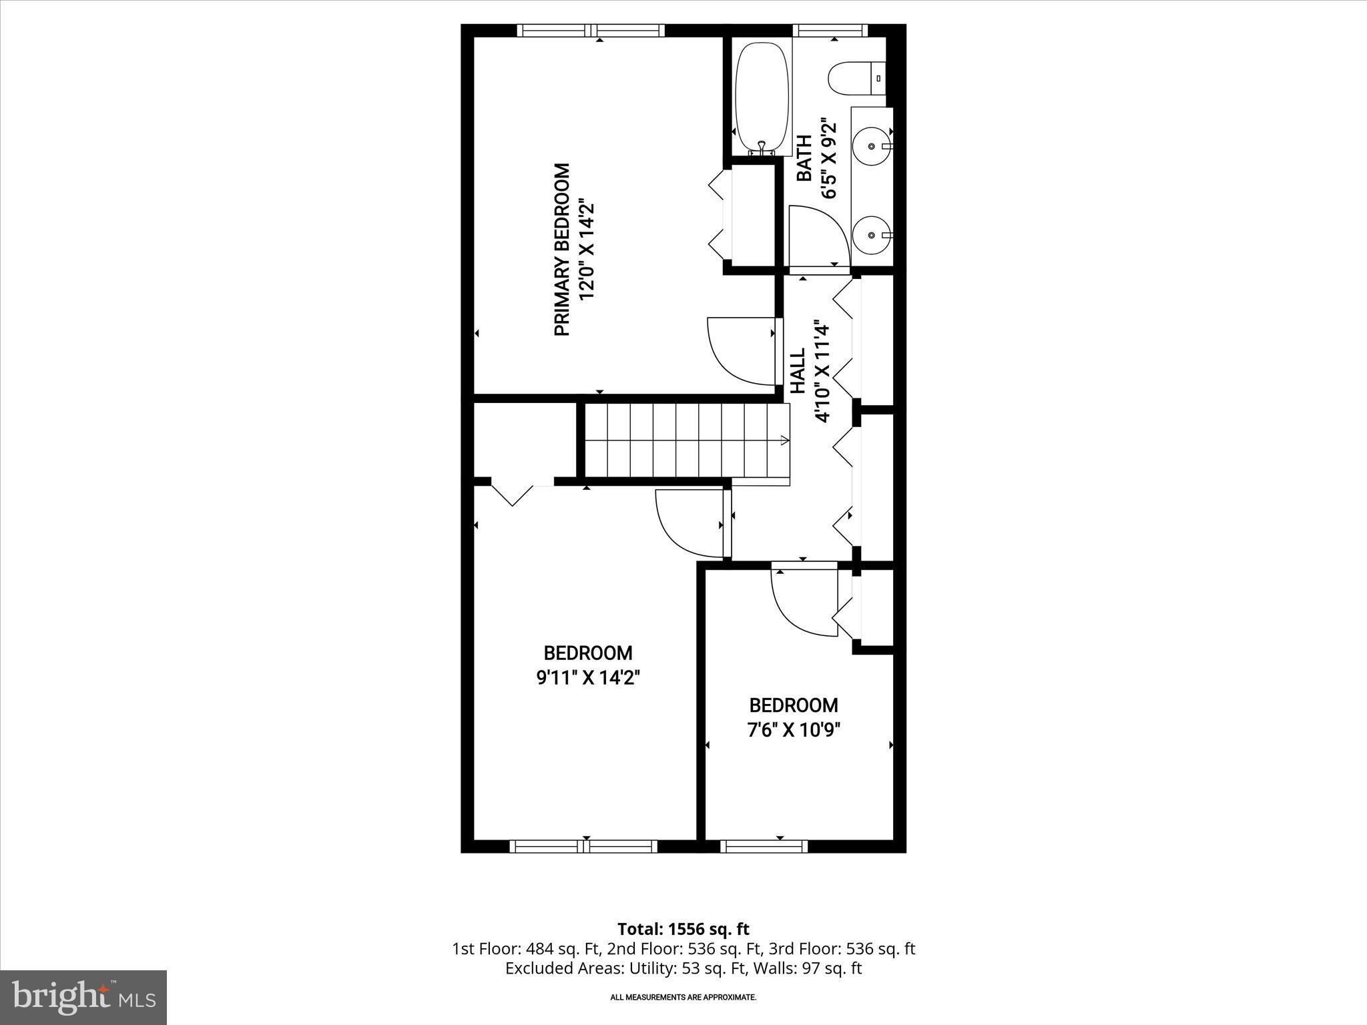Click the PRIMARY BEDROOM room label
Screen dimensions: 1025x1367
tap(563, 250)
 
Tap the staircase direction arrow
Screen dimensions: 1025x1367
tap(784, 440)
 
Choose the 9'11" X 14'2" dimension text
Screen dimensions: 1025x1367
tap(588, 678)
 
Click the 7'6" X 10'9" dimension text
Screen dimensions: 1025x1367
tap(793, 730)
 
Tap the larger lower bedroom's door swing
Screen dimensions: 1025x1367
tap(691, 524)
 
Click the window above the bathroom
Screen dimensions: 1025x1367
tap(830, 29)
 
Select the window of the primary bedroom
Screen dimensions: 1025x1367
tap(591, 29)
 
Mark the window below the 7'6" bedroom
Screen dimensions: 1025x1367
tap(764, 846)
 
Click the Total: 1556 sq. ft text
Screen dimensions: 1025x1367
tap(683, 929)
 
